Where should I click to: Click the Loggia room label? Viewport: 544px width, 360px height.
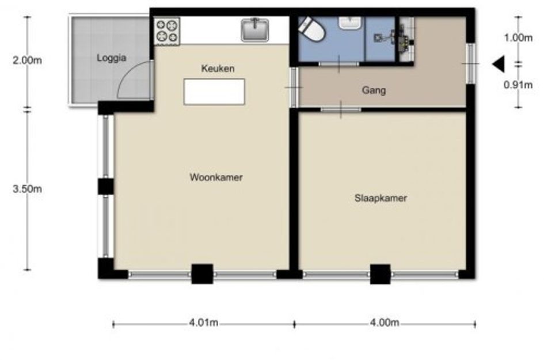pyautogui.click(x=111, y=58)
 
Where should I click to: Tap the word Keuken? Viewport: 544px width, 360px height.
pyautogui.click(x=218, y=69)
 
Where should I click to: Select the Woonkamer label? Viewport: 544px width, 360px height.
pyautogui.click(x=216, y=177)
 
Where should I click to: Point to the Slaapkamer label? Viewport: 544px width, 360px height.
pyautogui.click(x=381, y=198)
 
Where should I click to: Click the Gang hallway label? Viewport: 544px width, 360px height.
pyautogui.click(x=374, y=90)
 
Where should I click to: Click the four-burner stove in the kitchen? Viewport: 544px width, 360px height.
pyautogui.click(x=167, y=31)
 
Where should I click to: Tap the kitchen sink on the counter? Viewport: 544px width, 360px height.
pyautogui.click(x=255, y=30)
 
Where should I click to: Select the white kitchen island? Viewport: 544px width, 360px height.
pyautogui.click(x=214, y=92)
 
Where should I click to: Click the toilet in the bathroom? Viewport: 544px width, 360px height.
pyautogui.click(x=311, y=29)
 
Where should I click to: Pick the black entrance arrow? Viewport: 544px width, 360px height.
pyautogui.click(x=499, y=64)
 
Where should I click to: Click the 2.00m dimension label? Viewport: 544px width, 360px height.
pyautogui.click(x=28, y=60)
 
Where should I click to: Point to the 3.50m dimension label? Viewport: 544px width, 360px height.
pyautogui.click(x=28, y=189)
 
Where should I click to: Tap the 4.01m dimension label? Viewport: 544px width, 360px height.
pyautogui.click(x=204, y=323)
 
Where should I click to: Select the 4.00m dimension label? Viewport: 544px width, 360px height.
pyautogui.click(x=385, y=323)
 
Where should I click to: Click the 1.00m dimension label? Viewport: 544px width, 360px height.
pyautogui.click(x=518, y=37)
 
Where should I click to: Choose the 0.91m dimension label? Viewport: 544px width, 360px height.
pyautogui.click(x=518, y=84)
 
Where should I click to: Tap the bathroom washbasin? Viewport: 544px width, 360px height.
pyautogui.click(x=350, y=22)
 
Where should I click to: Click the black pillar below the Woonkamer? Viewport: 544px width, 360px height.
pyautogui.click(x=202, y=274)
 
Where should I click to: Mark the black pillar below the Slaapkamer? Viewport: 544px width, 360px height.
pyautogui.click(x=381, y=274)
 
